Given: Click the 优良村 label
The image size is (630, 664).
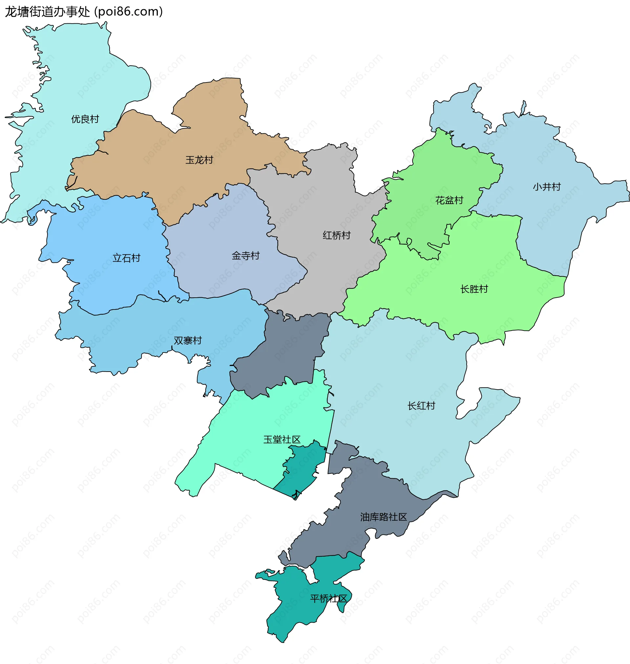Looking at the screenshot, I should (85, 119).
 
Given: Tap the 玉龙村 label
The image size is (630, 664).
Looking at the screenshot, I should (199, 160).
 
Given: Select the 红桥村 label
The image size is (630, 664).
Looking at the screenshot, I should (337, 235).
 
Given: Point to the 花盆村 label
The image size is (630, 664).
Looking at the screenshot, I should (449, 200).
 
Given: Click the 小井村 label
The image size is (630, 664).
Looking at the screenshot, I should (547, 187).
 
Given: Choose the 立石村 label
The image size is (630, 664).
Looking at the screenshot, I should (126, 258).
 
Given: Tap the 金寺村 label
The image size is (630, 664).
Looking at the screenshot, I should (245, 256).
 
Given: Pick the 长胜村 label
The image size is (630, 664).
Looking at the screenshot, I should (474, 289).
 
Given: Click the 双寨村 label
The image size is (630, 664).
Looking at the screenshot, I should (188, 340).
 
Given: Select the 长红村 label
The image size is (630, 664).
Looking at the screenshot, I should (421, 405).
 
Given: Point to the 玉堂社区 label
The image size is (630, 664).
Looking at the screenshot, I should (282, 439).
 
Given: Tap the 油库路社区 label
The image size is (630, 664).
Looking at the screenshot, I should (383, 517).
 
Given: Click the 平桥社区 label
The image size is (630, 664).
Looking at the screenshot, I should (328, 598).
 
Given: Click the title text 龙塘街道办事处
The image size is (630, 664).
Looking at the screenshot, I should (47, 12).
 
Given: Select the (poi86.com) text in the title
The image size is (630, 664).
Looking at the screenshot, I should (129, 12).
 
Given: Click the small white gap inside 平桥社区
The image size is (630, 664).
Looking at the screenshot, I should (311, 576).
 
